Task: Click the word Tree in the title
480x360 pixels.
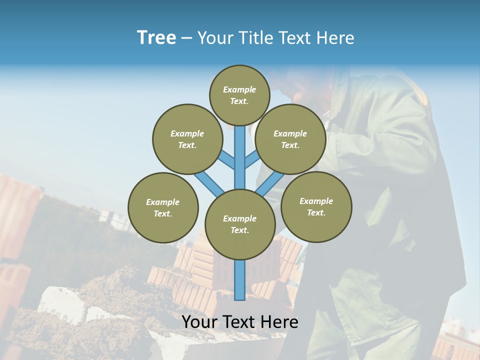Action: (156, 38)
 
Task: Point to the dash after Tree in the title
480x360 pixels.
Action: (186, 38)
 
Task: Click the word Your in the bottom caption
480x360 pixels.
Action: (199, 322)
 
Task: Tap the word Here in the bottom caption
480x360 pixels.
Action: (279, 322)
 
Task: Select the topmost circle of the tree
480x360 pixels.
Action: (239, 95)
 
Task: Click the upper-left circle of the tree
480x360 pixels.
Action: (187, 139)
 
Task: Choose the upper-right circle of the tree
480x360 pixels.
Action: (290, 139)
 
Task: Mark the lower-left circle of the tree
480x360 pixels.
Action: (163, 207)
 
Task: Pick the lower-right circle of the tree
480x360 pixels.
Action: (316, 206)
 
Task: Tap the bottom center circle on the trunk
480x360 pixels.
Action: (240, 224)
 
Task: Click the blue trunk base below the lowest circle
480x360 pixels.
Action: (240, 280)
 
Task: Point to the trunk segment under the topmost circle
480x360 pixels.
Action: (240, 150)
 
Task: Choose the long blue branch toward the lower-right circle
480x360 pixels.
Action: (270, 183)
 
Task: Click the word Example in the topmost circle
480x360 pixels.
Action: (239, 89)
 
